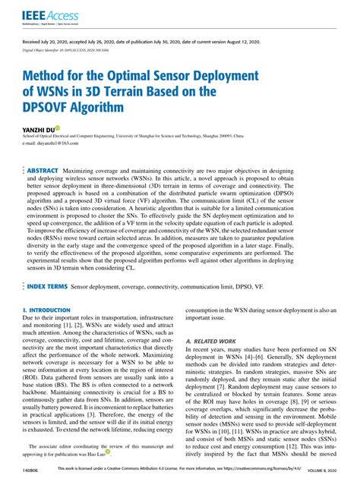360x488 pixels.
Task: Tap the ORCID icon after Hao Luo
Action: pos(108,455)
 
